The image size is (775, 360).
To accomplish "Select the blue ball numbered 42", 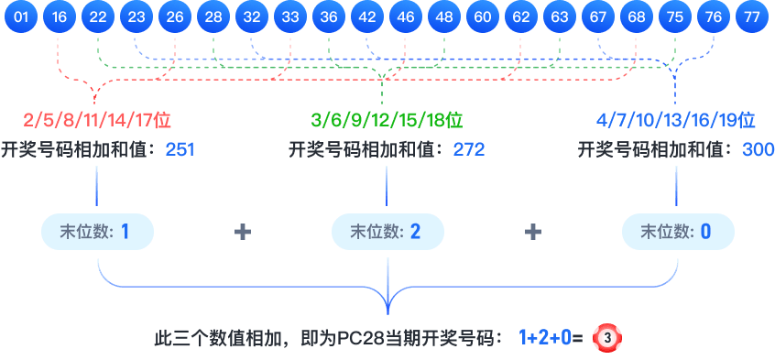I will point(367,17).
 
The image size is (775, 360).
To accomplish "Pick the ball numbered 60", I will point(483,17).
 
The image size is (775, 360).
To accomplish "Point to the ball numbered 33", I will point(290,17).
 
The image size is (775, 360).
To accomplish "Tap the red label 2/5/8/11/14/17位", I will point(98,120).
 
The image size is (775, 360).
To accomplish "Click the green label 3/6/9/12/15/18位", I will point(387,120).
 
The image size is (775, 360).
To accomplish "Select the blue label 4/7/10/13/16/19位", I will point(676,120).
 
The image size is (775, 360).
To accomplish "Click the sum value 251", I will point(180,149).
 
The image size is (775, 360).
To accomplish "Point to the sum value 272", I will point(469,149).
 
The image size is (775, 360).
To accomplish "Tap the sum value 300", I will point(758,149).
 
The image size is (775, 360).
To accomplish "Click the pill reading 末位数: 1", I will point(97,232).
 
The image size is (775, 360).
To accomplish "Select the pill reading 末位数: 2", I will point(387,232).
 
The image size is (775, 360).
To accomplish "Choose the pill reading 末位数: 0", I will point(677,232).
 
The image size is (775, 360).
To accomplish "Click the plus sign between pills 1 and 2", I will point(243,233).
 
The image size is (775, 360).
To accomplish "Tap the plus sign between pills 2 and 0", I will point(532,233).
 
